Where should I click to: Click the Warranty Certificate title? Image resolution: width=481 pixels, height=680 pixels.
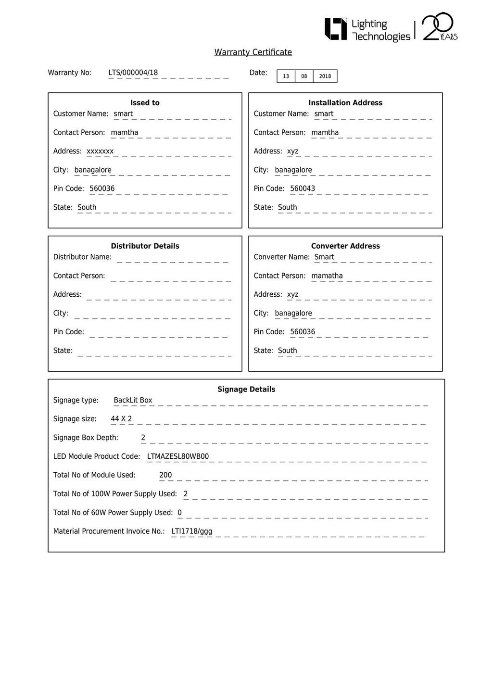tap(253, 52)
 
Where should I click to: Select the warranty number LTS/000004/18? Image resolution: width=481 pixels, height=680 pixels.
tap(133, 73)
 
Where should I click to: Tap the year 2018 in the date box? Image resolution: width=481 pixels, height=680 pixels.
tap(325, 76)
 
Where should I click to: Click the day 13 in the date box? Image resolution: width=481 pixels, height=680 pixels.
tap(286, 76)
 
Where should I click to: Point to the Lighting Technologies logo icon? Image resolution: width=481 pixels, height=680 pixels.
tap(335, 29)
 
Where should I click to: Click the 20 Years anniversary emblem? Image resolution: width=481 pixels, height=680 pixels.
tap(439, 27)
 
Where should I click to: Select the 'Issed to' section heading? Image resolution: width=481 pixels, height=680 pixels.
tap(145, 102)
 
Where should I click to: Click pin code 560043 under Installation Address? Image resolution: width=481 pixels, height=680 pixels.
tap(303, 189)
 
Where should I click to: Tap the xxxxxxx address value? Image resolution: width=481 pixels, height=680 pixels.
tap(100, 151)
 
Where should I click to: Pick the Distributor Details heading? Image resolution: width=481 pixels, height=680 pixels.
tap(145, 246)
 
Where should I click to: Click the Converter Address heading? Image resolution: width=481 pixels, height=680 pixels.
tap(345, 246)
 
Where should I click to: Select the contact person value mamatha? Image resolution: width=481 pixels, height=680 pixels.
tap(327, 276)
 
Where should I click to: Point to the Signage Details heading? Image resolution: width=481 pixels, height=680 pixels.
tap(246, 389)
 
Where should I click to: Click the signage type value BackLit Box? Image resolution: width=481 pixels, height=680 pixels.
tap(133, 400)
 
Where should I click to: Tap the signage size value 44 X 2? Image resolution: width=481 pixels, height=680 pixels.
tap(121, 419)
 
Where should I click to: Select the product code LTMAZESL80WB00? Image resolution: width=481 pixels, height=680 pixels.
tap(178, 456)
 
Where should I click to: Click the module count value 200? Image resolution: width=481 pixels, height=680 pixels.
tap(165, 475)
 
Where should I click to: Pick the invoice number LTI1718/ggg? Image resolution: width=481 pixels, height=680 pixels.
tap(191, 531)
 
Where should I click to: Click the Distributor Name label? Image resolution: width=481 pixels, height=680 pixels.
tap(82, 257)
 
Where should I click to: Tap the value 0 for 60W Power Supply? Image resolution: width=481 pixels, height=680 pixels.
tap(180, 513)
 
